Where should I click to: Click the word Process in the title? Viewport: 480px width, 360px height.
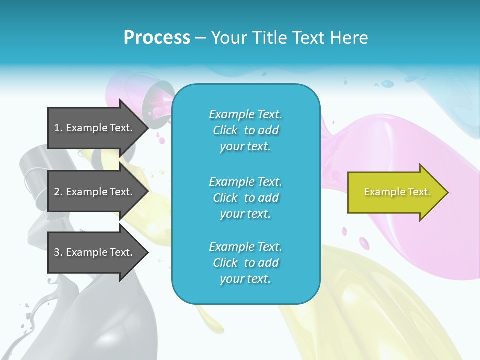157,38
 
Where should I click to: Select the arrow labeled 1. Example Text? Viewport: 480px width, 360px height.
95,128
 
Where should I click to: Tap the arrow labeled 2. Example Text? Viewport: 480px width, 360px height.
95,192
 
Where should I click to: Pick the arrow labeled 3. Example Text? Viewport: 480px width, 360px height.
95,252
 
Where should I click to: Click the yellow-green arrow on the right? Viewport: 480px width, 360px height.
395,192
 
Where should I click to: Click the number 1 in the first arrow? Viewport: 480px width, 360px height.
57,128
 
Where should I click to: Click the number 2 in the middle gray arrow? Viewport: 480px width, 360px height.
57,192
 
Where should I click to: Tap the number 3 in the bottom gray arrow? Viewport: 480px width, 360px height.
57,252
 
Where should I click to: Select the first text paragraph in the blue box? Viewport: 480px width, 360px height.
245,130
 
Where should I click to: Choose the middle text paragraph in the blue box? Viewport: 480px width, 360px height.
245,198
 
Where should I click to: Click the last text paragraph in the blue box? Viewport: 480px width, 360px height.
245,263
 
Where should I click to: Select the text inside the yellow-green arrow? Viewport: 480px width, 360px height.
397,192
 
